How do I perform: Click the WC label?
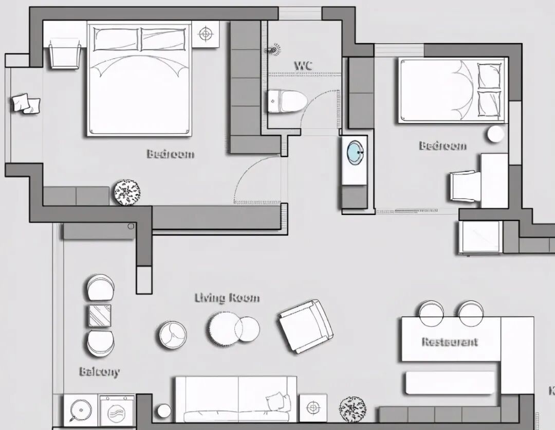pyautogui.click(x=303, y=66)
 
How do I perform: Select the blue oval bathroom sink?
pyautogui.click(x=356, y=153)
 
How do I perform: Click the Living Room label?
pyautogui.click(x=227, y=298)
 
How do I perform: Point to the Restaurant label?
pyautogui.click(x=450, y=342)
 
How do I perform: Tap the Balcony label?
pyautogui.click(x=99, y=371)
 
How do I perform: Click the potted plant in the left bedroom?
pyautogui.click(x=127, y=192)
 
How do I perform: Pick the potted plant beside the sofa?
pyautogui.click(x=353, y=409)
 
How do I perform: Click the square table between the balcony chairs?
pyautogui.click(x=100, y=315)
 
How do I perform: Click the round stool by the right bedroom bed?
pyautogui.click(x=496, y=134)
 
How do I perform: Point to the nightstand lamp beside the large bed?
pyautogui.click(x=206, y=34)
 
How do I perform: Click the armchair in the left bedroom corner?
pyautogui.click(x=66, y=53)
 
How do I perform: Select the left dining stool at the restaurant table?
pyautogui.click(x=432, y=312)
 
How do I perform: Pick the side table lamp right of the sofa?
pyautogui.click(x=312, y=408)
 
